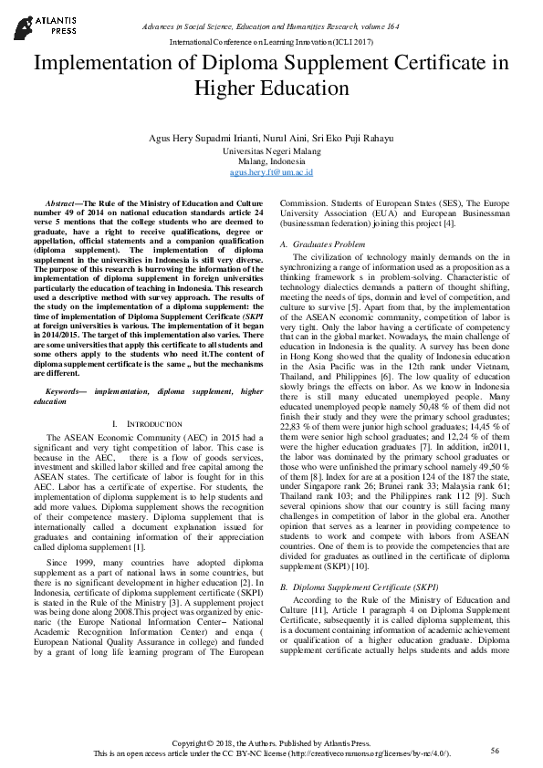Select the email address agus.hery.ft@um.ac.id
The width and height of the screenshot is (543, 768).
click(x=271, y=171)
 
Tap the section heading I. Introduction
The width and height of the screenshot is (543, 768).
click(x=148, y=425)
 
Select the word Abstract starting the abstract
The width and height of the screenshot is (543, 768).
click(x=62, y=202)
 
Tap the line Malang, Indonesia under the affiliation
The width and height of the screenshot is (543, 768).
click(x=271, y=161)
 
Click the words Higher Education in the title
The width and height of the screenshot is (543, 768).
click(x=271, y=89)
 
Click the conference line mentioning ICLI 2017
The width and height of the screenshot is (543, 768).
click(x=271, y=43)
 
